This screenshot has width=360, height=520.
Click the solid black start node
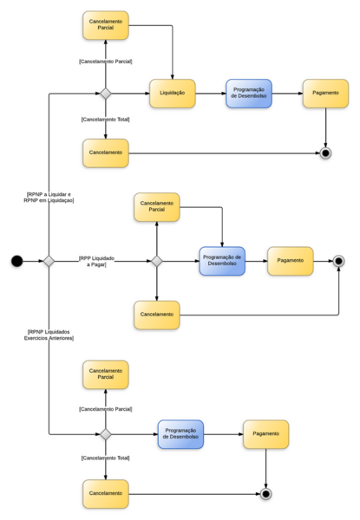(16, 261)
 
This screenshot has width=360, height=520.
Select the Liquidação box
(173, 94)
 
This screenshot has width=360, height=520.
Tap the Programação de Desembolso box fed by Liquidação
(249, 94)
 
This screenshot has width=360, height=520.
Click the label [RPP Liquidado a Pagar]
(97, 261)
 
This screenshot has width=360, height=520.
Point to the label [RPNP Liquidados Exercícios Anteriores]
(49, 335)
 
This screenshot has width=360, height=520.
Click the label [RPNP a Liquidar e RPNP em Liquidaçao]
(49, 197)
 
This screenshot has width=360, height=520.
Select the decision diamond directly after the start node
(49, 261)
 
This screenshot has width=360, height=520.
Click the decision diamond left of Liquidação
(105, 94)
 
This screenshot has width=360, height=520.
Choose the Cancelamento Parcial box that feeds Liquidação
(105, 25)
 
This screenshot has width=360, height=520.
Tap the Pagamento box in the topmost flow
(325, 94)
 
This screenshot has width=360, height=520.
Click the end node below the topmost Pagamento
(325, 153)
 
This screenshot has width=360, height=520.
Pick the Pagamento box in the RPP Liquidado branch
(291, 261)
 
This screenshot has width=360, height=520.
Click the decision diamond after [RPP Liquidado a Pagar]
(157, 261)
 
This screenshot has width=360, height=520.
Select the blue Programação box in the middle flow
(222, 261)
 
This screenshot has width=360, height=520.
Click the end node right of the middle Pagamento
(338, 261)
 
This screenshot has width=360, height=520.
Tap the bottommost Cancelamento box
(105, 494)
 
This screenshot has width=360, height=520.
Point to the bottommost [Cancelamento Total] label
(105, 458)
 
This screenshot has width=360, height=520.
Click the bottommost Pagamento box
(266, 434)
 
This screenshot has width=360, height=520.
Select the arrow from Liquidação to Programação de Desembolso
(211, 94)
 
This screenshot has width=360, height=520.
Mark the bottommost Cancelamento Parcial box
(105, 374)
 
